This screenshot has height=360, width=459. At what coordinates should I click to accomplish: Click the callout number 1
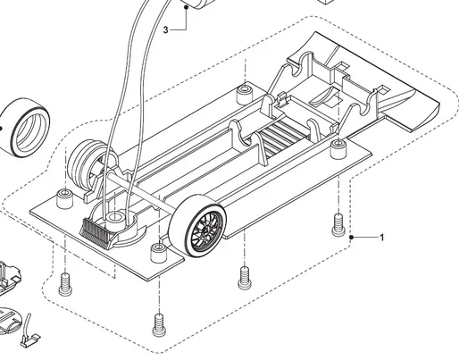point(382,238)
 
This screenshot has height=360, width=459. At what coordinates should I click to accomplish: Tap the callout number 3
point(166,29)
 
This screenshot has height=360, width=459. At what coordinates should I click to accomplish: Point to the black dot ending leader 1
point(354,238)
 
